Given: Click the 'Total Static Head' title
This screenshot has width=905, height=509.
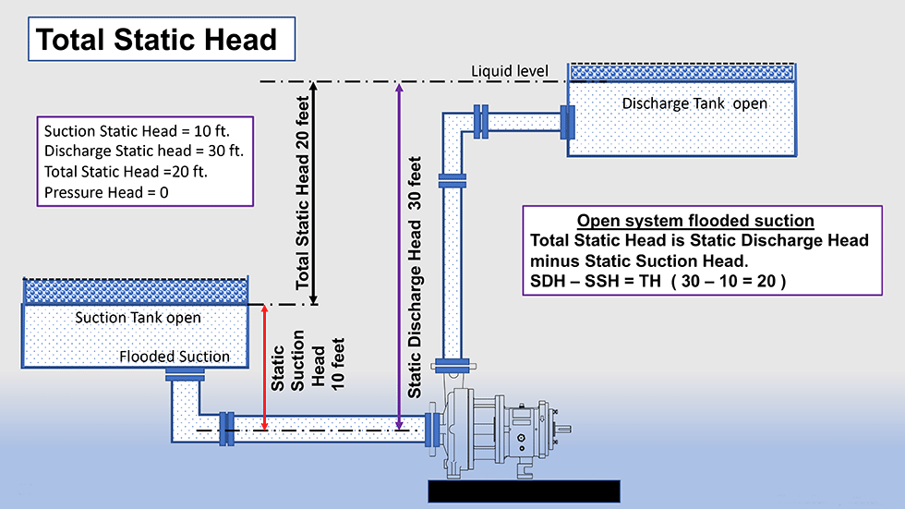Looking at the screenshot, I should pyautogui.click(x=157, y=40).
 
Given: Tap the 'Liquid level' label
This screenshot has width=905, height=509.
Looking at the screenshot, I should pyautogui.click(x=510, y=71).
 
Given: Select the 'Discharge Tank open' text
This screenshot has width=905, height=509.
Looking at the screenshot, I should pyautogui.click(x=694, y=103).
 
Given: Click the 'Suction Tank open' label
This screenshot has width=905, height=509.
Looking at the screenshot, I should pyautogui.click(x=138, y=318).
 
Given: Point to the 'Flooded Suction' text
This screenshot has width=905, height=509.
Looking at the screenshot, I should pyautogui.click(x=175, y=357).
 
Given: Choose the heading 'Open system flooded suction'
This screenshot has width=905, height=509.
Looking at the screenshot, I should pyautogui.click(x=694, y=221).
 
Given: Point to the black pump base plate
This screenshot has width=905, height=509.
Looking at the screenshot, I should pyautogui.click(x=523, y=491).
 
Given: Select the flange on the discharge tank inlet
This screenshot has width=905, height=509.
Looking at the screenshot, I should pyautogui.click(x=568, y=121).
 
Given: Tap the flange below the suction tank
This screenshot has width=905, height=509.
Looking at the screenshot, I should pyautogui.click(x=185, y=374).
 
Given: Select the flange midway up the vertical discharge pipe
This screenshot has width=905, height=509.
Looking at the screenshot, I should pyautogui.click(x=452, y=181).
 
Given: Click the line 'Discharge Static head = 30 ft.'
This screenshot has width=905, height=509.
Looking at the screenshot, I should pyautogui.click(x=143, y=151).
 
